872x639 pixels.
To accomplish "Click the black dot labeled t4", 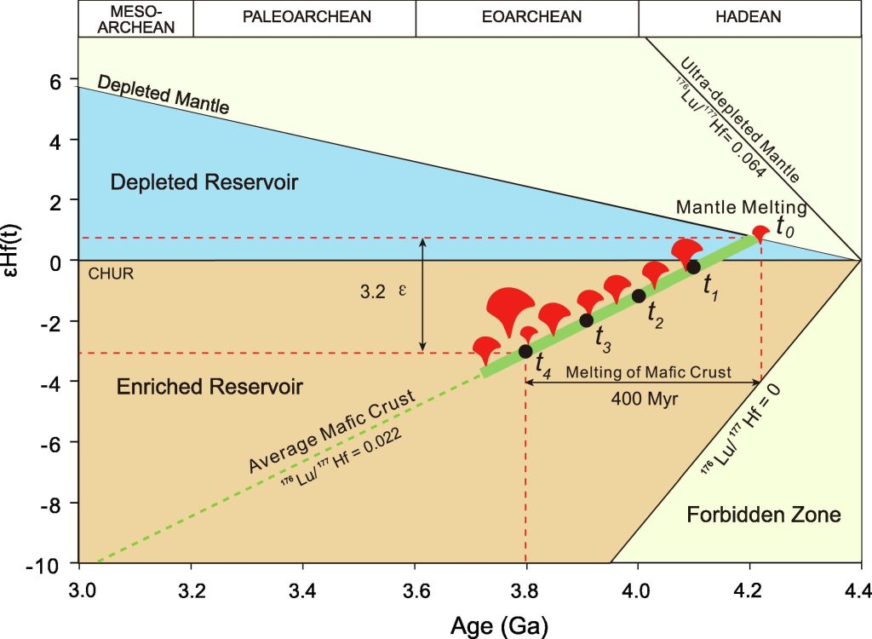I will (525, 351).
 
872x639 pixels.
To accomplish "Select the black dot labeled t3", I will (586, 320).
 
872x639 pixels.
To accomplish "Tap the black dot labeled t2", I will (639, 296).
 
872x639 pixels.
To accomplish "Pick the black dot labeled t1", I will (693, 267).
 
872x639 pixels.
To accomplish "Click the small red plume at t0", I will (762, 233).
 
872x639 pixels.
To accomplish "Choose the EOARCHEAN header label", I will (527, 17).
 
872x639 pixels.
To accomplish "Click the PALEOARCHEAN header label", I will (304, 17).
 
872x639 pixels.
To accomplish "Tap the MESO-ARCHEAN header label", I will (135, 18).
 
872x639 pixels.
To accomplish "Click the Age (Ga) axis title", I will (499, 624).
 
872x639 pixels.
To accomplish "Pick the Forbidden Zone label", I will (764, 515).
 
